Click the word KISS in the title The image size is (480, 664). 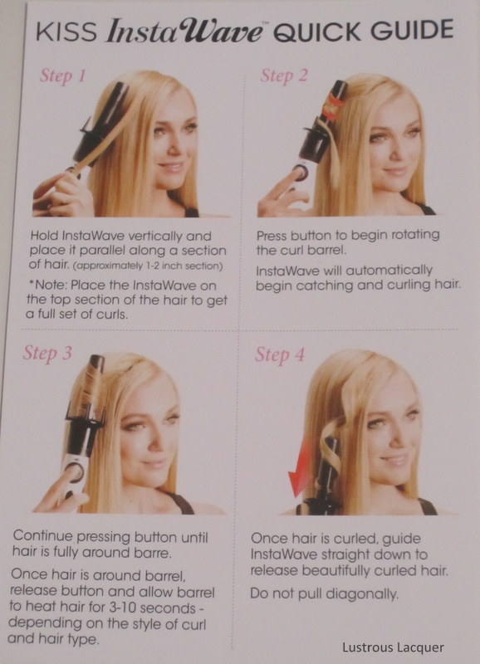66,32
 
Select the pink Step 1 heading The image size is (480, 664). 63,76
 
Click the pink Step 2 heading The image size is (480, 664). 283,76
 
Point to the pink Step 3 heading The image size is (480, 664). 47,353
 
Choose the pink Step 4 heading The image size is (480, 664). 280,355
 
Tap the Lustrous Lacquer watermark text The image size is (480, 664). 393,647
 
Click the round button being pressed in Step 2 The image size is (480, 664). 300,172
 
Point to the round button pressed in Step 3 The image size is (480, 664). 74,471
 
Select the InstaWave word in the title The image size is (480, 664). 185,32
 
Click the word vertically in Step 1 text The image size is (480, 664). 154,236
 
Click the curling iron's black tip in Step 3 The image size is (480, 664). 97,361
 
